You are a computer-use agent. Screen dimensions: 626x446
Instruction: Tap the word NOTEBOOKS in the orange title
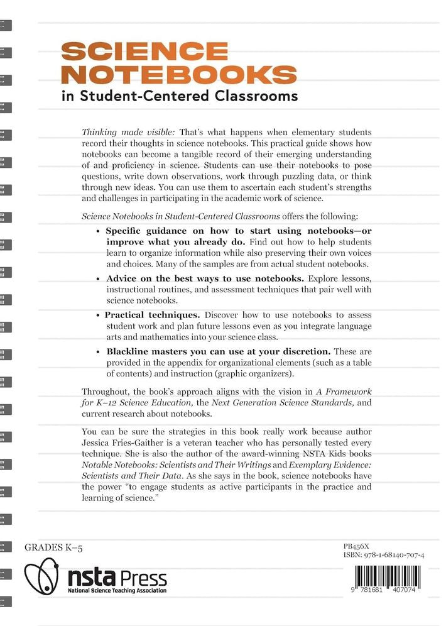tap(182, 75)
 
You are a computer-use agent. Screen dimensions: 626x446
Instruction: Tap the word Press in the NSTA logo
tap(143, 577)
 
